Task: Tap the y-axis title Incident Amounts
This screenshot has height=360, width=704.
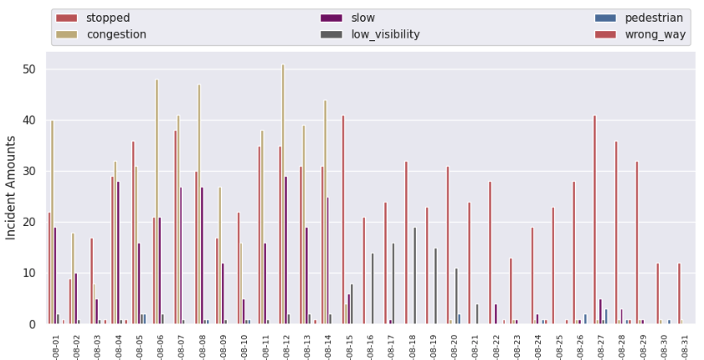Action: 12,188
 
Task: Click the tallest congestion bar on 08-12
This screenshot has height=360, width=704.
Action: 283,194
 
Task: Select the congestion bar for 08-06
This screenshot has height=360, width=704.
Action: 157,202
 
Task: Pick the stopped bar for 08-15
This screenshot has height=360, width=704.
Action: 343,219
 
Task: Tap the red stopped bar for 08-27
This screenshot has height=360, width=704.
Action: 594,219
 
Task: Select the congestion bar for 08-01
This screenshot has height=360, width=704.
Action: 52,222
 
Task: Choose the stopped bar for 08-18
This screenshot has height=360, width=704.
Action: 406,243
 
